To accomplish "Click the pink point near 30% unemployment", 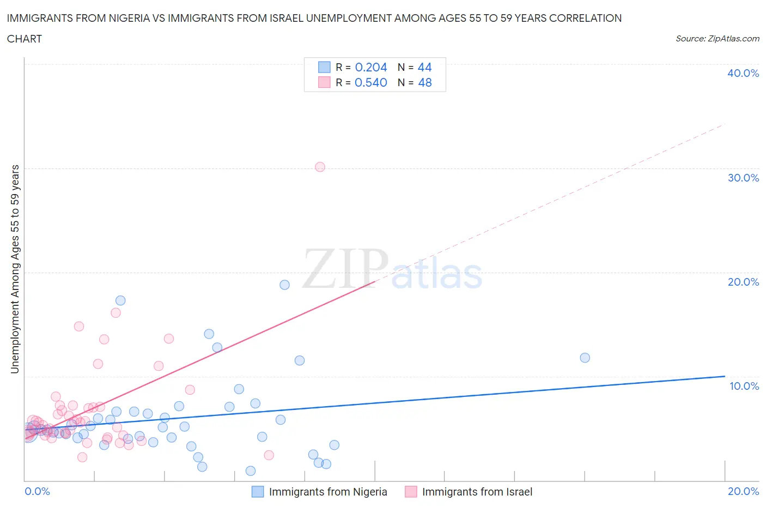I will [320, 167].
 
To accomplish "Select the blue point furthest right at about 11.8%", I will [585, 358].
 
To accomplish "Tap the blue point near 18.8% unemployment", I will [284, 285].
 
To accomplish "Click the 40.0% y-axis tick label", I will [743, 73].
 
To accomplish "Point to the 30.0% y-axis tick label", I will [743, 178].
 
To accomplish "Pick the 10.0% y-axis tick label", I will [744, 386].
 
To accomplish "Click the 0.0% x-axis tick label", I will [38, 491].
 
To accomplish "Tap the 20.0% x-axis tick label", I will [743, 491].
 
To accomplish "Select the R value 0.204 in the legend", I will [371, 67].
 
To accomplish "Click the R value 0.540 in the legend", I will [371, 82].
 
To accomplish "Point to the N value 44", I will [424, 67].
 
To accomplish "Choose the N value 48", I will [424, 82].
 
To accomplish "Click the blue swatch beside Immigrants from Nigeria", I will [258, 492].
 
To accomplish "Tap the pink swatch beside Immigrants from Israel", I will [411, 492].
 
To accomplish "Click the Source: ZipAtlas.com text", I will [717, 39].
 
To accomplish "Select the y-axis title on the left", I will [15, 269].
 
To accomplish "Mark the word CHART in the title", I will [25, 39].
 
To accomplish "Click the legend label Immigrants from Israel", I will [477, 492].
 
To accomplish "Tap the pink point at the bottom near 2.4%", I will [269, 455].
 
